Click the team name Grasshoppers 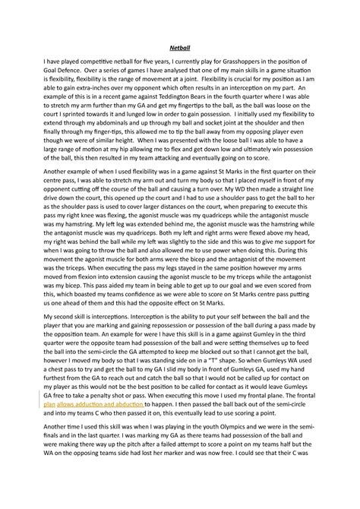coord(232,74)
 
